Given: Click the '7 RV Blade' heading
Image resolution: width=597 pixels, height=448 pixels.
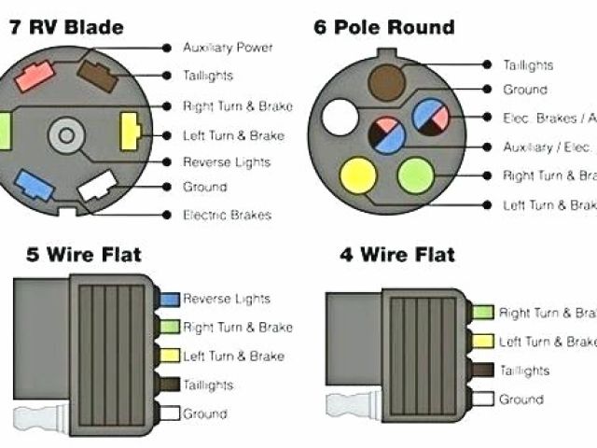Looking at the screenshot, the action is (66, 27).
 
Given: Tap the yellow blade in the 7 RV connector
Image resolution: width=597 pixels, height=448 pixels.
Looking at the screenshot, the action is (131, 133).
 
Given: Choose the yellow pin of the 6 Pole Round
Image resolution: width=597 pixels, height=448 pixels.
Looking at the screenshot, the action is (358, 176).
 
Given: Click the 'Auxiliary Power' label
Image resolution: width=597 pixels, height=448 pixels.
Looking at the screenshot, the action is (227, 48).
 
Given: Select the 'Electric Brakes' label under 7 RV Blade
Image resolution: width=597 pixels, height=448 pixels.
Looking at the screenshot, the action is (227, 216).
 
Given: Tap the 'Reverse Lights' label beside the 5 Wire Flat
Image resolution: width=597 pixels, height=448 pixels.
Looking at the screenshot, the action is (226, 299).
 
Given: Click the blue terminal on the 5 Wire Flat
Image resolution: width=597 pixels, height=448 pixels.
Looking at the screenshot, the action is (170, 300).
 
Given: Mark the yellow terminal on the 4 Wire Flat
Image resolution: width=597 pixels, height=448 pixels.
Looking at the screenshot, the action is (483, 342).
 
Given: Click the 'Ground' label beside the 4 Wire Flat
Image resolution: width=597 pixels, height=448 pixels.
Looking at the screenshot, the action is (521, 399).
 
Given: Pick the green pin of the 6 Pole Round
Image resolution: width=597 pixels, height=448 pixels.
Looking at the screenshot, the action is (415, 175).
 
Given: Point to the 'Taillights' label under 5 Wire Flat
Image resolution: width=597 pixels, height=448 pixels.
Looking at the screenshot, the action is (208, 384).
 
